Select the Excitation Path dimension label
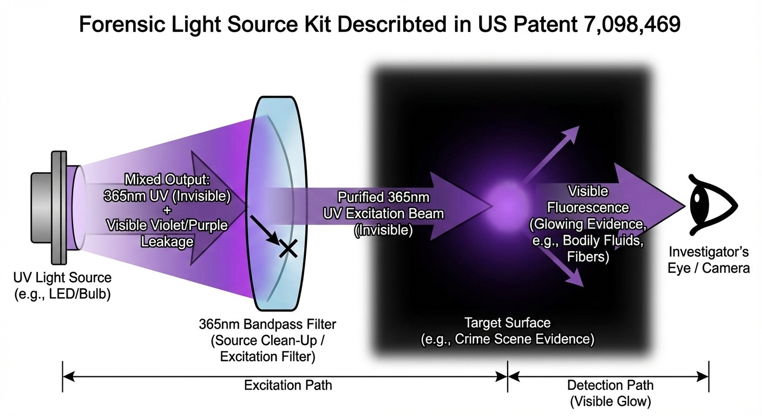(288, 385)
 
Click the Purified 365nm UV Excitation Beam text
(383, 213)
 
